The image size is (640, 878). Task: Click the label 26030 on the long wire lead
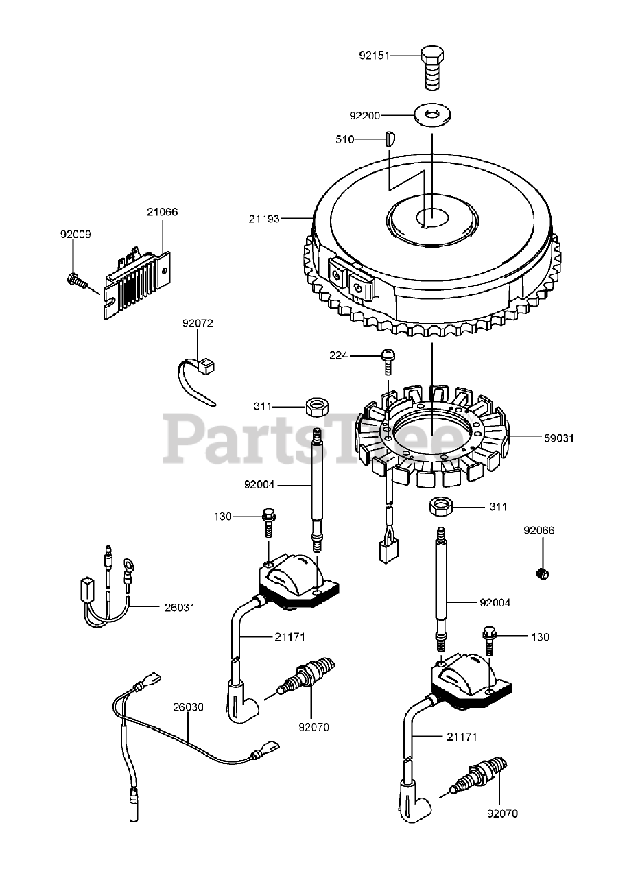[187, 707]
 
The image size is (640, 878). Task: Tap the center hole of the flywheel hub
[431, 218]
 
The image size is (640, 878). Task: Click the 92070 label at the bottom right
[502, 814]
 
